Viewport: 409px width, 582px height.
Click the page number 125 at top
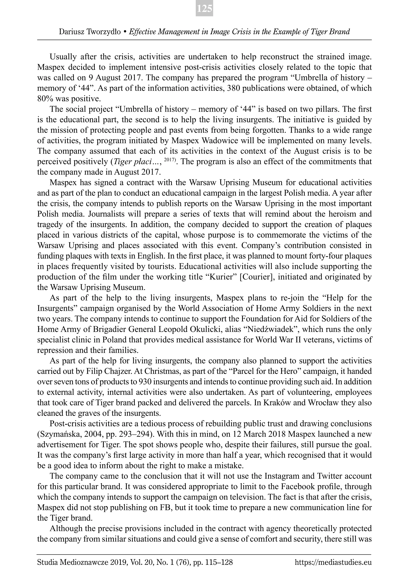coord(204,9)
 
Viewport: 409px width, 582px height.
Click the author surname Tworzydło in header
coord(100,32)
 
